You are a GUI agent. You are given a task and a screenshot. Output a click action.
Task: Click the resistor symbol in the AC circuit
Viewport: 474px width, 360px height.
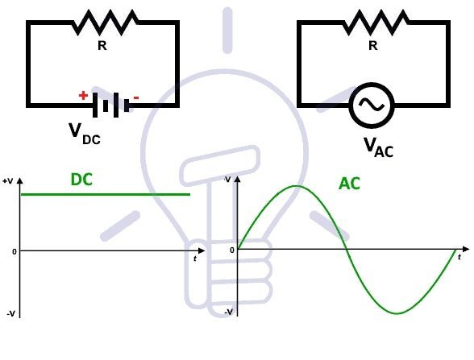coord(372,23)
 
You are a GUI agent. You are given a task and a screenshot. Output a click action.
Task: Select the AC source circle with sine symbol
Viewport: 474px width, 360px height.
coord(372,105)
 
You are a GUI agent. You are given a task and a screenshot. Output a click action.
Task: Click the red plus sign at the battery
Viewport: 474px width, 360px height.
coord(83,95)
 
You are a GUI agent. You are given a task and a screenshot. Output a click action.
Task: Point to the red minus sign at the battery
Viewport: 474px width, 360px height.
coord(135,98)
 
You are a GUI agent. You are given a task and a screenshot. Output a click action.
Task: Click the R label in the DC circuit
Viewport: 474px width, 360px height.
coord(102,46)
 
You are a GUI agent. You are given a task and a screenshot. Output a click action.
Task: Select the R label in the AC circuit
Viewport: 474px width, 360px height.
coord(372,46)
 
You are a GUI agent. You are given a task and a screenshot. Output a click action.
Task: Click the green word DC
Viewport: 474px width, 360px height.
coord(81,180)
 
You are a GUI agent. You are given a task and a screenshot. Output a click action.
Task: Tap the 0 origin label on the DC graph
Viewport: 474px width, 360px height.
coord(13,251)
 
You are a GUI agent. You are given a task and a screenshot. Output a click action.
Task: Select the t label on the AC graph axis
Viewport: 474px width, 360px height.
coord(459,257)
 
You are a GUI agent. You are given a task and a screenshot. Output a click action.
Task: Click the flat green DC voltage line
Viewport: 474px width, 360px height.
coord(105,194)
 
